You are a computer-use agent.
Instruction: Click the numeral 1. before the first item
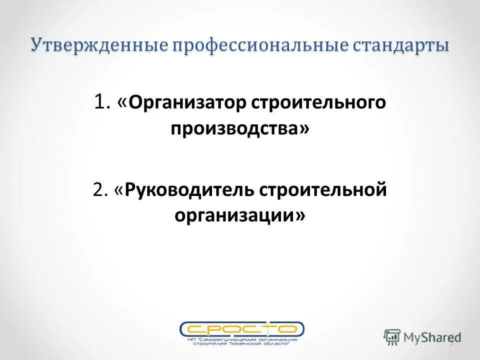pos(102,102)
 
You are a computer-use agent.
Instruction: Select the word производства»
pos(239,128)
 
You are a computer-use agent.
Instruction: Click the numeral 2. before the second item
pos(101,190)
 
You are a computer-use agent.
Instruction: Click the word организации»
pos(239,215)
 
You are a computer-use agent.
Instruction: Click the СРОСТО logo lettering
pos(241,328)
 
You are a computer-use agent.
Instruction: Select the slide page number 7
pos(452,344)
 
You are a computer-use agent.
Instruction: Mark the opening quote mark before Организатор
pos(122,103)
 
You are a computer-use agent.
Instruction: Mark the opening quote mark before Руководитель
pos(119,190)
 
